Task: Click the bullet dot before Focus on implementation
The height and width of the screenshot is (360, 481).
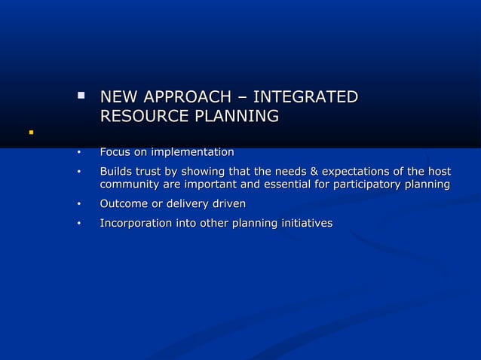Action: pos(78,153)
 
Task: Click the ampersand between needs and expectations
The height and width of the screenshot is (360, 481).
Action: pos(314,171)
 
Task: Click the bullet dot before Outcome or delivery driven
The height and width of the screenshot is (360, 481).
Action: pos(78,205)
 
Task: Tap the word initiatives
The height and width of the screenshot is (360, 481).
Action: pos(306,224)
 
